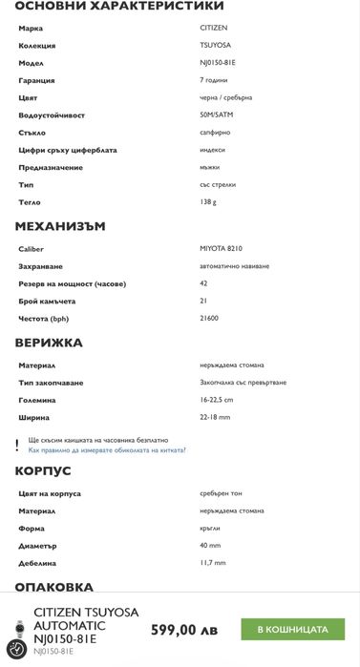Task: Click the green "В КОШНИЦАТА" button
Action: [x=298, y=630]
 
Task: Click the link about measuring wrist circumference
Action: [x=107, y=448]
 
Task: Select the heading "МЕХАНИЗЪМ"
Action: [x=59, y=226]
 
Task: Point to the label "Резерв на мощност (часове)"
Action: [x=72, y=283]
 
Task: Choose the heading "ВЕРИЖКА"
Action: [x=49, y=342]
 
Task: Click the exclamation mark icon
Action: [x=17, y=445]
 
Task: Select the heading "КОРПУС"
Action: [x=43, y=470]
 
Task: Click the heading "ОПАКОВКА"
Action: [x=53, y=587]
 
